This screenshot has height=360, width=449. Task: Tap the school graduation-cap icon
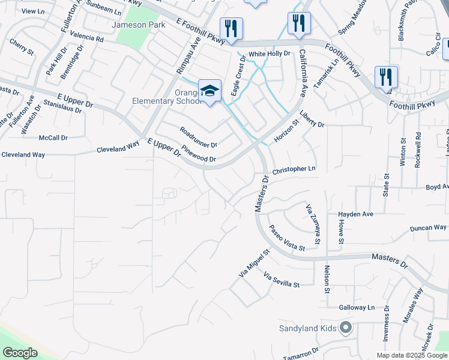[209, 91]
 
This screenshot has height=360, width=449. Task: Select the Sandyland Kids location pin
[345, 328]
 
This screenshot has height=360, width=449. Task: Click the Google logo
[20, 353]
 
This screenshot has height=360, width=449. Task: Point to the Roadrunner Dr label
[198, 137]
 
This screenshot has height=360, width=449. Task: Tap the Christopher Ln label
[294, 170]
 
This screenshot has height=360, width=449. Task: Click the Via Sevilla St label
[281, 280]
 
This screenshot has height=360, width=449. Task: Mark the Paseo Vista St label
[286, 238]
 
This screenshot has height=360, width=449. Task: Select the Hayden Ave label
[355, 214]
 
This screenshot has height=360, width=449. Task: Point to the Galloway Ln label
[355, 307]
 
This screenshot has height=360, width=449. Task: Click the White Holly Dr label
[270, 53]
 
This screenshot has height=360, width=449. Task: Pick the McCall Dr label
[53, 138]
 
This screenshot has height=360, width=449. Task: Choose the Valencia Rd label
[87, 37]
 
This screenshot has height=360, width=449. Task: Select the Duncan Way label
[428, 228]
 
